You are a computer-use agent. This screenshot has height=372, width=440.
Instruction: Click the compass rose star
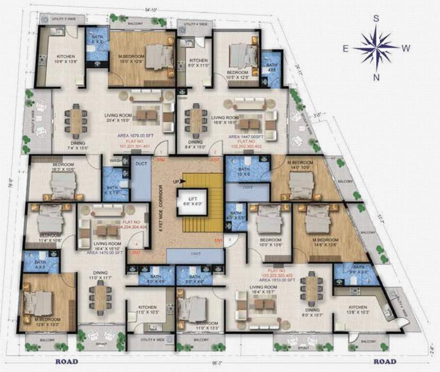tap(375, 47)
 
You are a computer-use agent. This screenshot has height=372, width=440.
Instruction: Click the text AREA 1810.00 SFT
tap(278, 280)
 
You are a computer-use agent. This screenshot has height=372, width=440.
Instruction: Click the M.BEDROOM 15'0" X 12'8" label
tap(131, 59)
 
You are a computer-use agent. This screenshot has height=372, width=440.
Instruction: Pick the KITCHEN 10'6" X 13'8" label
tap(65, 58)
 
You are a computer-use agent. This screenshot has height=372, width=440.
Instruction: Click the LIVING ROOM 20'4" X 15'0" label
tap(118, 118)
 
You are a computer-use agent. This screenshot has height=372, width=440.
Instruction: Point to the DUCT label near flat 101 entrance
tap(141, 164)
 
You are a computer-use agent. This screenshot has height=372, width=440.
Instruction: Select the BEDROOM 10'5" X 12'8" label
tap(238, 74)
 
